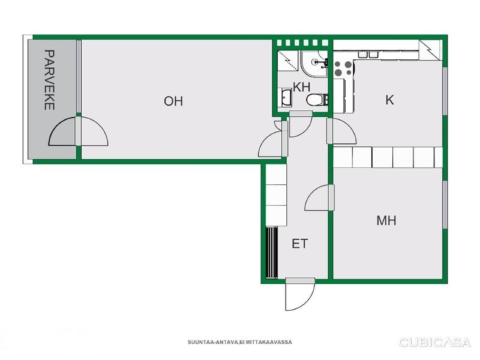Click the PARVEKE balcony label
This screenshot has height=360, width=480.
50,80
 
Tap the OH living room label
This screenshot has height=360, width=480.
173,101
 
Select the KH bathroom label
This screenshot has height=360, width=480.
302,87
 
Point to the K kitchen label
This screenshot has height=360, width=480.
389,100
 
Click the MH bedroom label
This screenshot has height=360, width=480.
386,220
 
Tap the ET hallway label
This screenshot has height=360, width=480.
299,244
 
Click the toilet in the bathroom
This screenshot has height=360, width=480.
317,100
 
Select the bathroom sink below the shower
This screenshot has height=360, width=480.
286,97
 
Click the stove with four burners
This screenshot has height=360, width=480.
343,68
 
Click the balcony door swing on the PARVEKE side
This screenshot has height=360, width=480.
62,131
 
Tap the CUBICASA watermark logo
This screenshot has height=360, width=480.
434,342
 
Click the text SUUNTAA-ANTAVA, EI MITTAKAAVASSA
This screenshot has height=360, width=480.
239,342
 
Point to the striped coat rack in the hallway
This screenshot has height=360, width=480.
271,253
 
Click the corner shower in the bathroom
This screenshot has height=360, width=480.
314,64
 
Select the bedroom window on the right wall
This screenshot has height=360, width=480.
445,205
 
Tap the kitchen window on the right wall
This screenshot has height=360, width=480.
445,91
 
